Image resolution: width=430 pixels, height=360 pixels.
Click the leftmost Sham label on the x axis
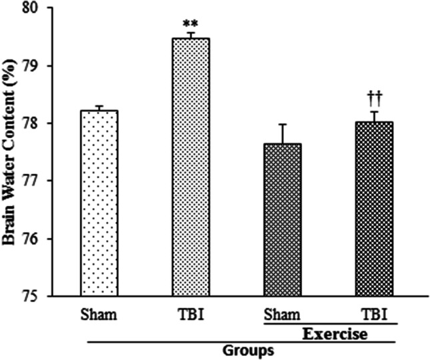(99, 314)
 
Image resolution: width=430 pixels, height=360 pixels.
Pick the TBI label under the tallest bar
(191, 314)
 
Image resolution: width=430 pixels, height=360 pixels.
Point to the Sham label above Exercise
(283, 314)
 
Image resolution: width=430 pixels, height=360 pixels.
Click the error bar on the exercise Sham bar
(283, 133)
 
